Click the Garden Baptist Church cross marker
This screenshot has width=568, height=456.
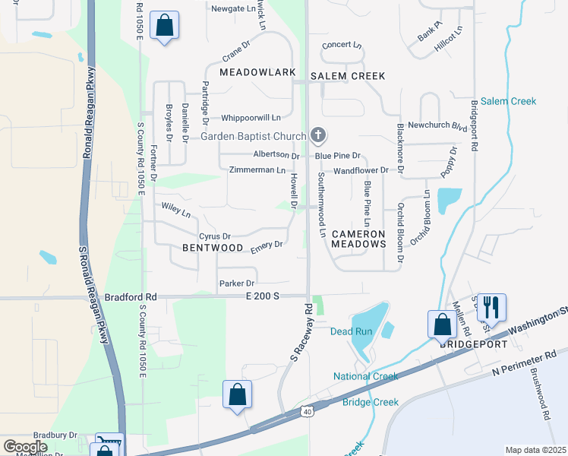point(317,137)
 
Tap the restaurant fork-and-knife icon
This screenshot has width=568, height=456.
point(491,308)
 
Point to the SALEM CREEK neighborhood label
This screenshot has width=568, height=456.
point(348,76)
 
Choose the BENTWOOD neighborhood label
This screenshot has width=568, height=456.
point(213,248)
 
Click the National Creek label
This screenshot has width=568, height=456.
point(365,376)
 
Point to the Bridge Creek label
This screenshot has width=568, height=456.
point(371,402)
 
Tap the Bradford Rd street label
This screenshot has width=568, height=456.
point(130,297)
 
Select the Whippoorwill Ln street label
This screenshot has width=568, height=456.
point(251,118)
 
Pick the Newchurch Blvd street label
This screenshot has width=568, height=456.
point(437,126)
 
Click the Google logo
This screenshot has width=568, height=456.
point(25,446)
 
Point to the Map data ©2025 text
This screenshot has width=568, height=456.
point(535,450)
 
